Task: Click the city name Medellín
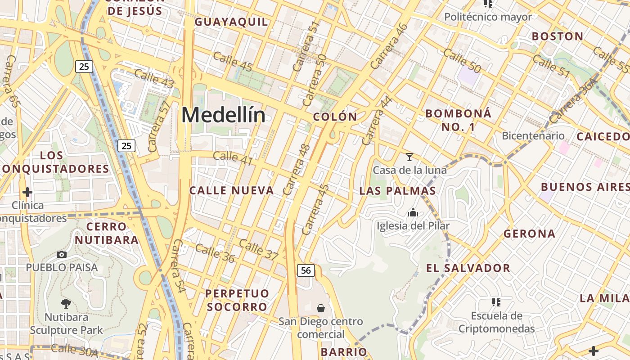(223, 115)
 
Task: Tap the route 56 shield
(306, 270)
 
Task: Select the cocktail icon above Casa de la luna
(409, 157)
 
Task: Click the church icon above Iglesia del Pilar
(413, 213)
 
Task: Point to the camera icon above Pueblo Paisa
(62, 255)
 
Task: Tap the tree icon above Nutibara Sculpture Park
(66, 304)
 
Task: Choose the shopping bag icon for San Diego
(321, 308)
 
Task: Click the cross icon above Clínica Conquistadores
(27, 193)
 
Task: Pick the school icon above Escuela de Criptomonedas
(496, 302)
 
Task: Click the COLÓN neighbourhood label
(335, 117)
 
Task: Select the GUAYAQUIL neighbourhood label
(231, 22)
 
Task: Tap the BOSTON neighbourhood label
(558, 36)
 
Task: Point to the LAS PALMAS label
(397, 191)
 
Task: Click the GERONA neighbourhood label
(529, 234)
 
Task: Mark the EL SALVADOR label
(468, 268)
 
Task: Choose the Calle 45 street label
(233, 61)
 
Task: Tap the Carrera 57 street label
(159, 126)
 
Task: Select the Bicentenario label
(533, 135)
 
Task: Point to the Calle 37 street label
(259, 249)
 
